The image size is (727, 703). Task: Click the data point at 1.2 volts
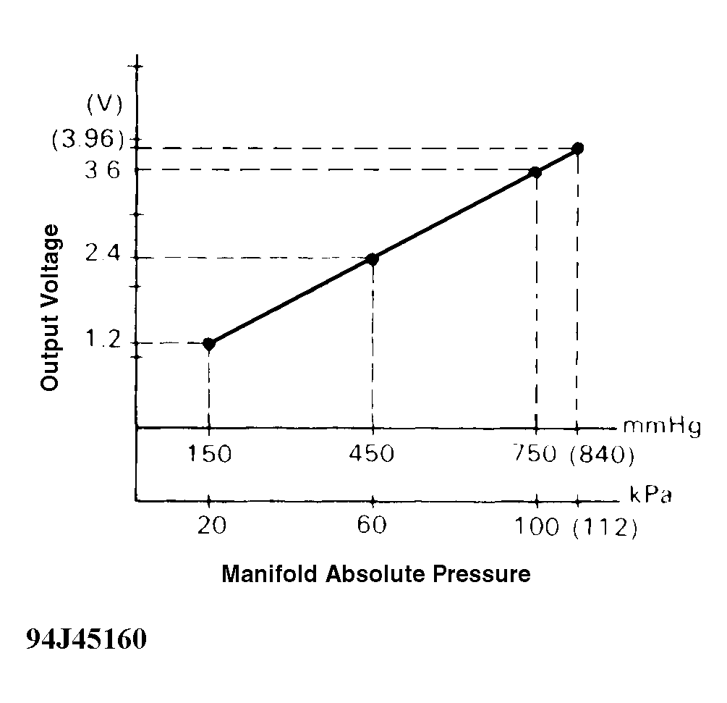[x=209, y=343]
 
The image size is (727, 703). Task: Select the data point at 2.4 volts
[x=372, y=258]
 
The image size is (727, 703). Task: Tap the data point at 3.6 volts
[x=535, y=172]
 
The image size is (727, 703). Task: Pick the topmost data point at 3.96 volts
[x=577, y=148]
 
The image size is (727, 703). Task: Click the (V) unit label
[x=103, y=104]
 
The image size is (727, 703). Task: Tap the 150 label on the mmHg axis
[x=208, y=455]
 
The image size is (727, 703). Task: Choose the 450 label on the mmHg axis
[x=372, y=455]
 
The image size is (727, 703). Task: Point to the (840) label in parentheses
[x=602, y=455]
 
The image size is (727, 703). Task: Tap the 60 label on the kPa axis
[x=372, y=526]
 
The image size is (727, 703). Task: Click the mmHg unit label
[x=661, y=429]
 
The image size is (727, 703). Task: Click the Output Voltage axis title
[x=50, y=308]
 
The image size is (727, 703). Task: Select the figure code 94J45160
[x=86, y=640]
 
